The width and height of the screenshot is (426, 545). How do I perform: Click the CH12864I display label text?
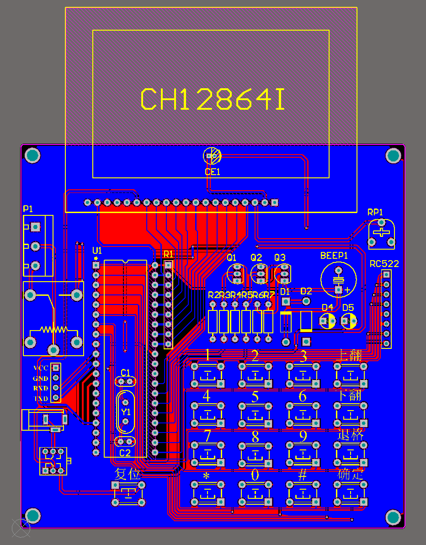(213, 100)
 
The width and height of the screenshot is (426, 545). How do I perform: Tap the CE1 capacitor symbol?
(212, 156)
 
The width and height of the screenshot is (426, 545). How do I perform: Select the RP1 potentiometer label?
(375, 212)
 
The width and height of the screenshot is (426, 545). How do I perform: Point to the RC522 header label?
(384, 264)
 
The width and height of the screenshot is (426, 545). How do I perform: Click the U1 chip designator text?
(97, 251)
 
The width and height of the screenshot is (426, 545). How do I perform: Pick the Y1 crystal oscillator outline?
(126, 411)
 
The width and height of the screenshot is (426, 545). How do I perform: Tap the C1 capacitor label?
(125, 372)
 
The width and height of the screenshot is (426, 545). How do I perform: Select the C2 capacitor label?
(125, 453)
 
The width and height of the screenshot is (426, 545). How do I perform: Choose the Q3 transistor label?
(280, 257)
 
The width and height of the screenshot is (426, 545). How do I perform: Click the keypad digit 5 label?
(255, 396)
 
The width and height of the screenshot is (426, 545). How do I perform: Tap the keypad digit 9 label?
(303, 436)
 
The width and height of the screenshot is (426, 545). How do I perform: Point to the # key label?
(302, 475)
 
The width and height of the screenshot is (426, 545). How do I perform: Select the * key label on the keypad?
(206, 476)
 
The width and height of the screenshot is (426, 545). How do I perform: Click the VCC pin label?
(41, 368)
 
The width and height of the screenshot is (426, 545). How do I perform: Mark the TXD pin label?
(41, 399)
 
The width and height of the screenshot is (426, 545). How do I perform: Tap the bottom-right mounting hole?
(393, 518)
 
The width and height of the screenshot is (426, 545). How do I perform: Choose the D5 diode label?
(348, 307)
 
